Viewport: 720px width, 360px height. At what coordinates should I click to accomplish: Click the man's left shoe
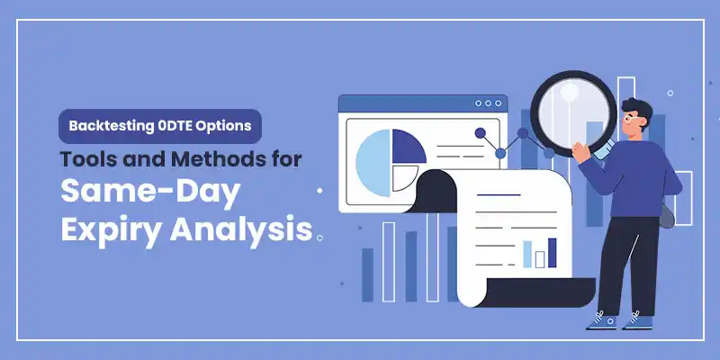[600, 319]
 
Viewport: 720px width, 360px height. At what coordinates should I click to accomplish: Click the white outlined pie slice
[407, 177]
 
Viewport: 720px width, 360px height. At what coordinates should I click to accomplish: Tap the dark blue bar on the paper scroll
[552, 252]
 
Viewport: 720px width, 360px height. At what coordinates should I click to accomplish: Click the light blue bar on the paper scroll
[527, 254]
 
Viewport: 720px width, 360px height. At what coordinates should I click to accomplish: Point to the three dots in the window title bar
[488, 103]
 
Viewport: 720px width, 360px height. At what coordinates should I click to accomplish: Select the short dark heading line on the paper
[499, 195]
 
